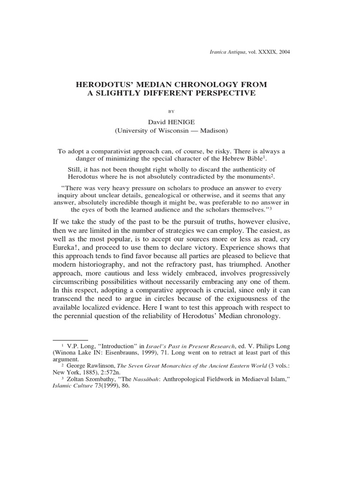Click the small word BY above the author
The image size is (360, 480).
171,111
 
